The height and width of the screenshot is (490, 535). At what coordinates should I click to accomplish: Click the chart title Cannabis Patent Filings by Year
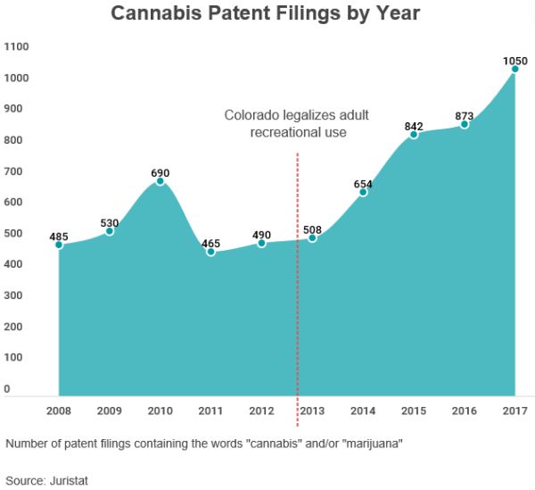[265, 14]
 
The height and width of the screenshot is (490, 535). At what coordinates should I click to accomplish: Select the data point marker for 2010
[160, 181]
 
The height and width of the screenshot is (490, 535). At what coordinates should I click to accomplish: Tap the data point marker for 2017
[515, 70]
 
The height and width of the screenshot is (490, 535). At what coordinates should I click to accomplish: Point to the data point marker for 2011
[210, 252]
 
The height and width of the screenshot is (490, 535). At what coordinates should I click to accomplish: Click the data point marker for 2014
[363, 193]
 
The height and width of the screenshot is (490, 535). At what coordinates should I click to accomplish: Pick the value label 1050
[514, 61]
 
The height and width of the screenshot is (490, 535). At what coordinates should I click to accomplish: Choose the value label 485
[59, 236]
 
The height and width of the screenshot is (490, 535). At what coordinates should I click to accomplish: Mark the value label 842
[414, 126]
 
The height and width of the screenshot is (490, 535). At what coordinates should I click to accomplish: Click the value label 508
[312, 229]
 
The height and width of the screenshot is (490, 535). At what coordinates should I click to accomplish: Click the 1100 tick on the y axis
[16, 46]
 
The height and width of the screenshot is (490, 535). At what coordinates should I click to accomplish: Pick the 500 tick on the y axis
[13, 233]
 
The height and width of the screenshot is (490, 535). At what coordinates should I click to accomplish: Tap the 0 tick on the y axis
[7, 389]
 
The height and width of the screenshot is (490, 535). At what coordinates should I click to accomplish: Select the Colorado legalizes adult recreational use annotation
[296, 124]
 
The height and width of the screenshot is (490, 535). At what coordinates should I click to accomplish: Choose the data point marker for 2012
[261, 243]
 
